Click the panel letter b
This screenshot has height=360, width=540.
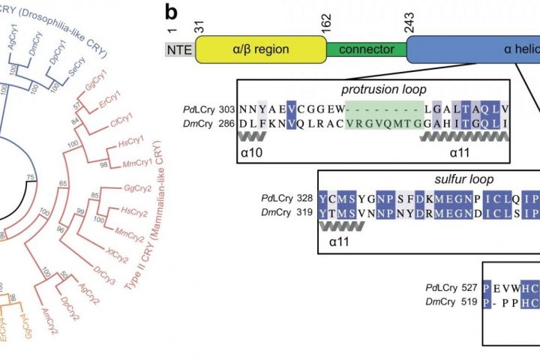tap(172, 13)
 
